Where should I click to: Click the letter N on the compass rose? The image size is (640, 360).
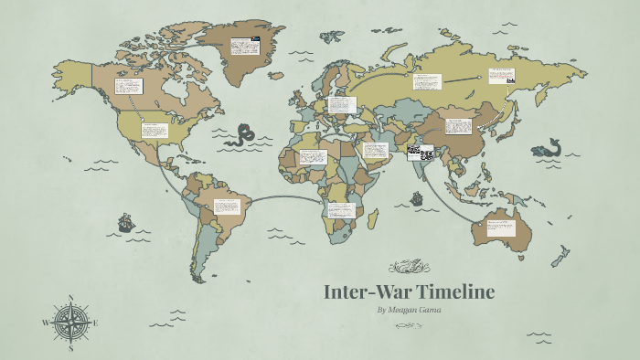(x=71, y=298)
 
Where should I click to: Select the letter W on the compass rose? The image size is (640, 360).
(x=46, y=323)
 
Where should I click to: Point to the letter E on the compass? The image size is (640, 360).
(x=96, y=323)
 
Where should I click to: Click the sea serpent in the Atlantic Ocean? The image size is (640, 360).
(x=242, y=136)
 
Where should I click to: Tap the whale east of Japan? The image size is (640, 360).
(x=549, y=149)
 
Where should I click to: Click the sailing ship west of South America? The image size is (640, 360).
(x=125, y=222)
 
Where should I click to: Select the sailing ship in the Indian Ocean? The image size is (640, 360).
(x=417, y=197)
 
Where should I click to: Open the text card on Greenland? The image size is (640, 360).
(x=243, y=46)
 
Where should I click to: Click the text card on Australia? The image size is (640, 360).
(x=501, y=228)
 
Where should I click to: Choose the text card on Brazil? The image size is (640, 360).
(x=227, y=206)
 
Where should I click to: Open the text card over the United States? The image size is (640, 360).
(x=155, y=131)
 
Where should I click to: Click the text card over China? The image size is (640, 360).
(x=458, y=126)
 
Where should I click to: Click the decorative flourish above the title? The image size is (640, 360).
(x=408, y=268)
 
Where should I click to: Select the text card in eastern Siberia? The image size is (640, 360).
(x=501, y=76)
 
